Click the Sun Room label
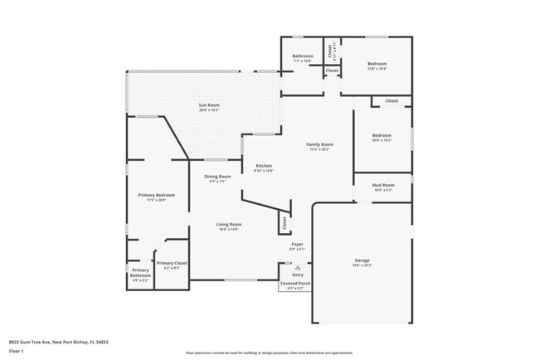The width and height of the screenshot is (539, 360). (x=208, y=105)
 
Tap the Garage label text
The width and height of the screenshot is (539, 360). (x=362, y=260)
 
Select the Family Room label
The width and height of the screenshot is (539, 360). (x=320, y=144)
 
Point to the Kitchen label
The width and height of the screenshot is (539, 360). (x=264, y=166)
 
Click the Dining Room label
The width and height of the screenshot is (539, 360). (x=218, y=176)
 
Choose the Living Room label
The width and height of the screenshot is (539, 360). (x=229, y=225)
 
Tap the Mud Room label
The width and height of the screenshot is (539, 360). (x=382, y=185)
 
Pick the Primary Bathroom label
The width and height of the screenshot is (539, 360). (x=140, y=273)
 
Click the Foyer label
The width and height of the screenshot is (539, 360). (x=297, y=245)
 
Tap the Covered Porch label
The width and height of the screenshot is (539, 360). (x=295, y=283)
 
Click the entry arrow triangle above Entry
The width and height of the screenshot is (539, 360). (x=298, y=267)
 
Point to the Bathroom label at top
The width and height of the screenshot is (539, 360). (x=303, y=56)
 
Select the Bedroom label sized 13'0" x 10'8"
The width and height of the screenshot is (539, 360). (x=377, y=64)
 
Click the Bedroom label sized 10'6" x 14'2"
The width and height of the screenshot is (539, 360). (x=381, y=135)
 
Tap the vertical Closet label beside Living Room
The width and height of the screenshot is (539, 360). (x=284, y=222)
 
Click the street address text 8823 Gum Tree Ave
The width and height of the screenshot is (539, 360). (x=59, y=342)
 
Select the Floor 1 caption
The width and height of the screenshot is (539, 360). (x=17, y=352)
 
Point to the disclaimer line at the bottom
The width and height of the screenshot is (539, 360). (x=269, y=353)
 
